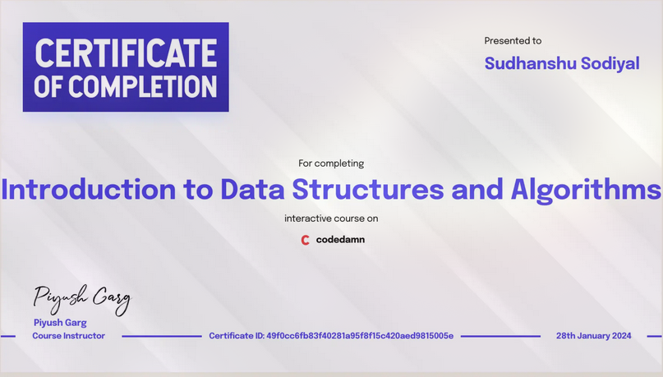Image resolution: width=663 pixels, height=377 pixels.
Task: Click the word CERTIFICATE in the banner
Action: point(126,53)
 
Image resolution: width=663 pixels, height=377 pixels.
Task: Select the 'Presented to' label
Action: point(513,40)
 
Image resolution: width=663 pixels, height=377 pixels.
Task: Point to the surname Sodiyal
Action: point(608,63)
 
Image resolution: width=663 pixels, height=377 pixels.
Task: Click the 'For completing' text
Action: point(331,163)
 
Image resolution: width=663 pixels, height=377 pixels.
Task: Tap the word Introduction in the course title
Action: point(89,190)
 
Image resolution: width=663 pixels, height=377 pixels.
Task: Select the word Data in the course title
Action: point(252,190)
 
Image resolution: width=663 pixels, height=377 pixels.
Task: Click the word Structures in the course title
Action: point(368,190)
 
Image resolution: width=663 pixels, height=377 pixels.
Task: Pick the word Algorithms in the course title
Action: point(586,190)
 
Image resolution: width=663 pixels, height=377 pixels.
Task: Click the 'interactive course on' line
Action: point(331,218)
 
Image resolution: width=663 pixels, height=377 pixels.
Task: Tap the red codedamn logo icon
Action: point(306,240)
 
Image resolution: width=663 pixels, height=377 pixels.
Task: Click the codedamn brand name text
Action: point(340,240)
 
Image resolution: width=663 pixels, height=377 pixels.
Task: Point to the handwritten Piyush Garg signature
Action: point(81,299)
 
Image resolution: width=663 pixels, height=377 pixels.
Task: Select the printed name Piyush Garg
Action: point(60,323)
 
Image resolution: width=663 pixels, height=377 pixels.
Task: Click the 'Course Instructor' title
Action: point(69,336)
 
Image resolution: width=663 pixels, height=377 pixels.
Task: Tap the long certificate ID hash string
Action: point(360,336)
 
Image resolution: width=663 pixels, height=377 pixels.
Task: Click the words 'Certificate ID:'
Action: point(236,336)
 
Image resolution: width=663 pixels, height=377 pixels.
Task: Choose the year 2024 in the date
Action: point(620,336)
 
